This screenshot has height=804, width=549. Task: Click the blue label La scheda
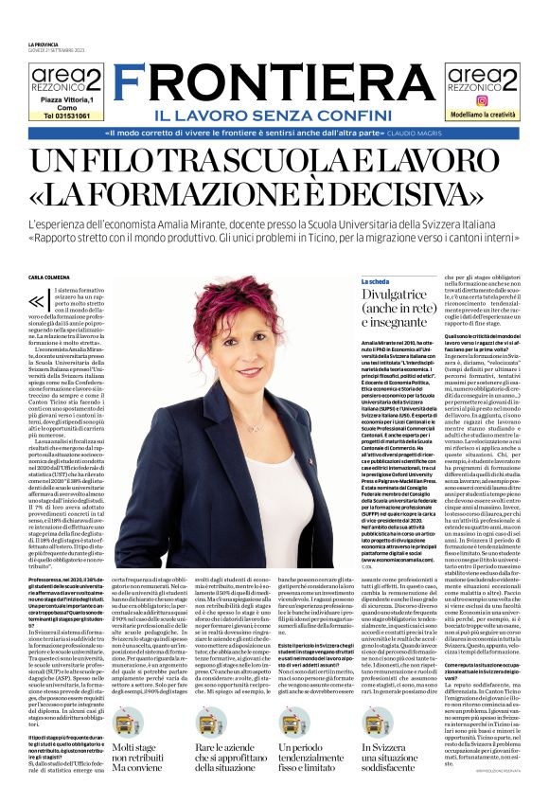375,281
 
